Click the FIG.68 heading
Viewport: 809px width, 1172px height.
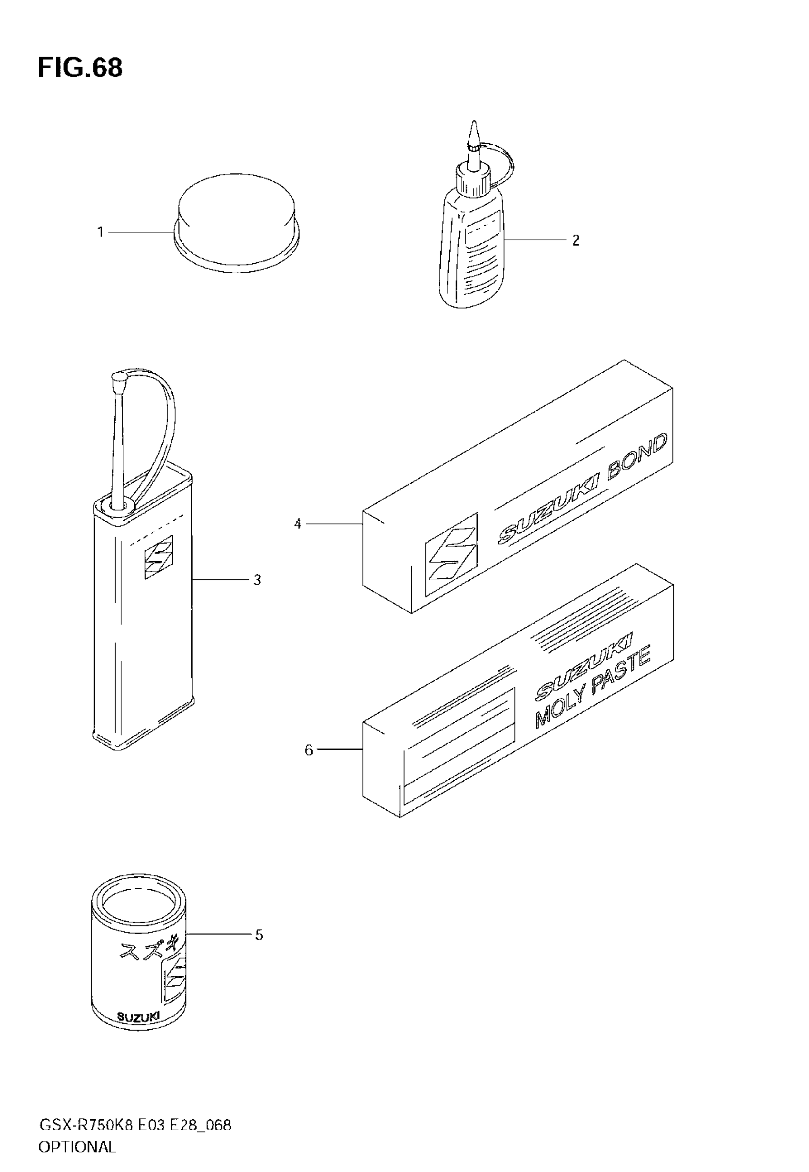click(x=80, y=68)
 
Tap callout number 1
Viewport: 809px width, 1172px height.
click(x=100, y=232)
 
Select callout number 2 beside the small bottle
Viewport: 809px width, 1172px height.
click(x=575, y=240)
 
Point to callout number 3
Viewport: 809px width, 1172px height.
click(x=257, y=580)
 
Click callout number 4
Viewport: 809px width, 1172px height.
click(x=297, y=524)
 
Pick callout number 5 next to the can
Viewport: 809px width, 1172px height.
click(x=258, y=935)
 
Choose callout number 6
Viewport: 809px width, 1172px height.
click(x=309, y=750)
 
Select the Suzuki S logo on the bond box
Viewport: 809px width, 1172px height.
click(x=451, y=554)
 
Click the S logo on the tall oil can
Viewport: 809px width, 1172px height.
click(x=158, y=557)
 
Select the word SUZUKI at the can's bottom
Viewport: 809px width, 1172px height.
click(x=138, y=1016)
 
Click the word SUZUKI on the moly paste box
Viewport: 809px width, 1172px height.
click(x=583, y=662)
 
